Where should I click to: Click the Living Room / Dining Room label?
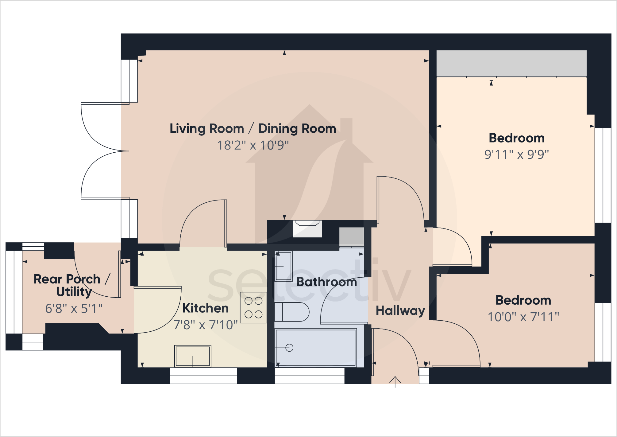pos(253,129)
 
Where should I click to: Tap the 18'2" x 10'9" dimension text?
pos(253,145)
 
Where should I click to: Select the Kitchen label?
pos(206,308)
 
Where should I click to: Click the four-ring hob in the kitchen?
pos(253,307)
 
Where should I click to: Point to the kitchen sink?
pos(193,356)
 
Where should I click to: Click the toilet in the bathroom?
pos(291,312)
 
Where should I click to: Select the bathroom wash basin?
pos(283,266)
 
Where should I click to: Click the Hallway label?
pos(400,311)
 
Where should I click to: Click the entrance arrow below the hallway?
pos(395,382)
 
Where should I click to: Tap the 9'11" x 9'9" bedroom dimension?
pos(516,154)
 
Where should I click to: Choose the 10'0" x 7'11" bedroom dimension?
pos(523,317)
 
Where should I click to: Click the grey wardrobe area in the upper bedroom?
pos(511,63)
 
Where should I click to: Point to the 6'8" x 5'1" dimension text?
pos(74,308)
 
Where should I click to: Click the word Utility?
pos(74,292)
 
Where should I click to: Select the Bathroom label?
pos(326,282)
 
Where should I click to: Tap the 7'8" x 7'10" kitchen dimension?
pos(206,325)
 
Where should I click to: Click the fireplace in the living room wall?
pos(307,228)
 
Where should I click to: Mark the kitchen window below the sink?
pos(203,376)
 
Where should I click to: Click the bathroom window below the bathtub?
pos(309,376)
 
